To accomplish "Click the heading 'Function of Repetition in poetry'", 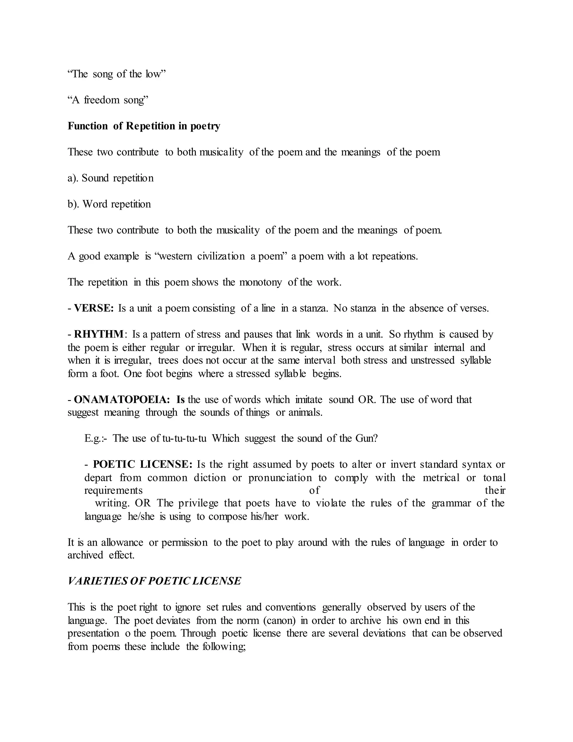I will tap(144, 126).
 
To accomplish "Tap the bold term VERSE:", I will tap(94, 308).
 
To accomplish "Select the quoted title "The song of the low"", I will tap(116, 74).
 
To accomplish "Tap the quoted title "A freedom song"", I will tap(108, 100).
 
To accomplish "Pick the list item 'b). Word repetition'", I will tap(109, 204).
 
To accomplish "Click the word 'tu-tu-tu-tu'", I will tap(184, 438).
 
